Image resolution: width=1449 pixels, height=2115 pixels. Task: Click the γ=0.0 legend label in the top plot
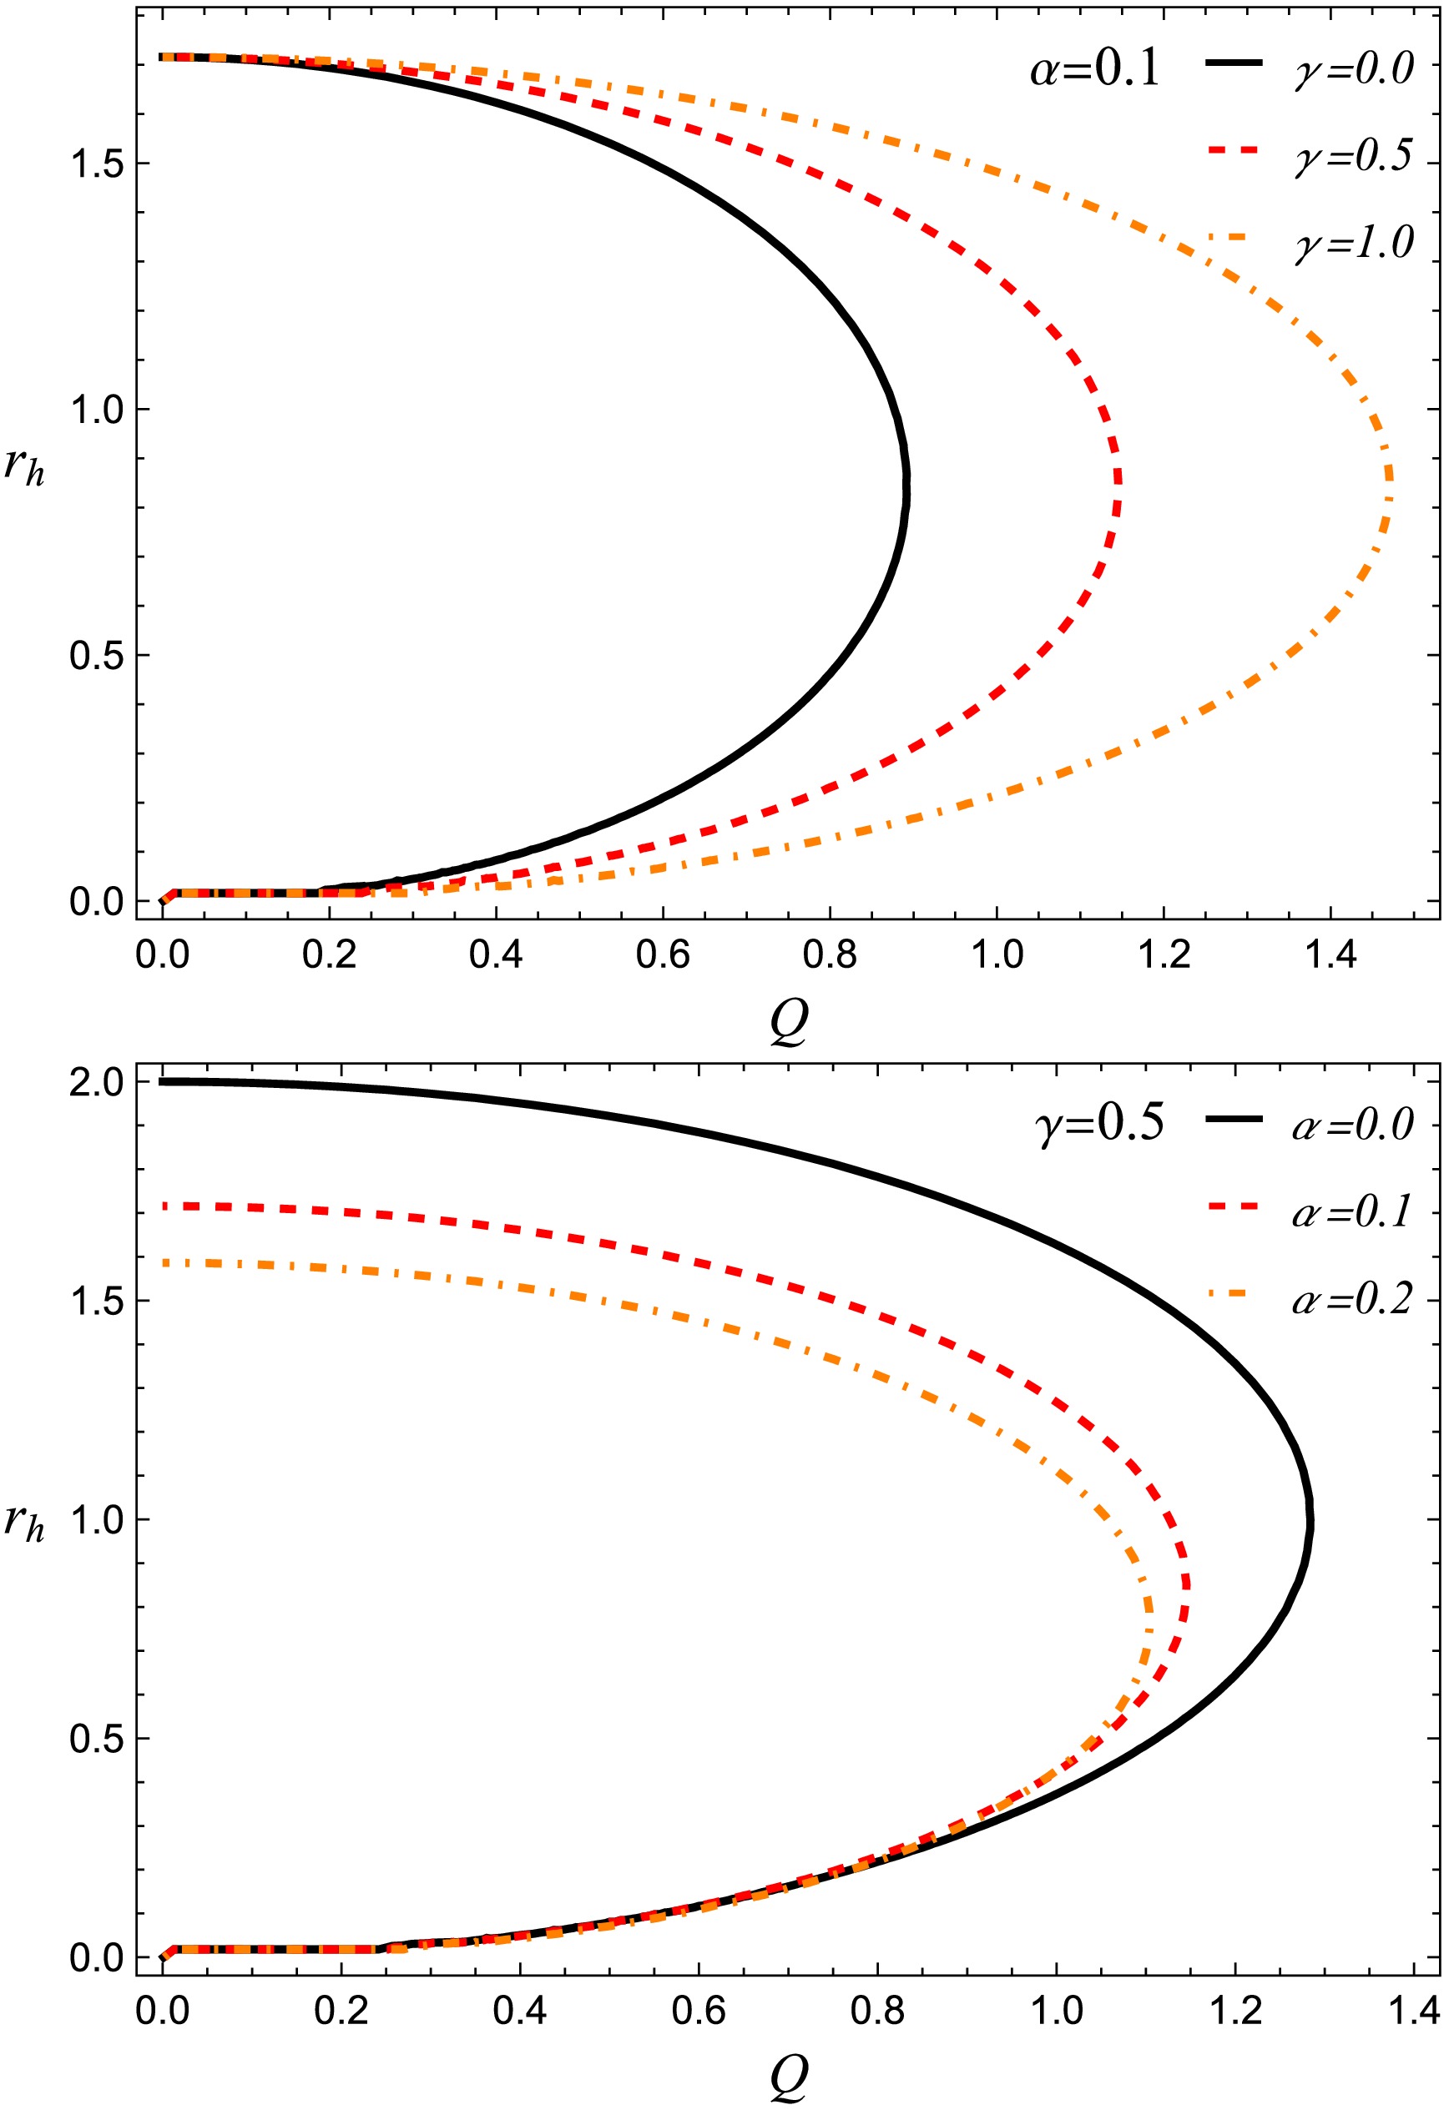pyautogui.click(x=1354, y=70)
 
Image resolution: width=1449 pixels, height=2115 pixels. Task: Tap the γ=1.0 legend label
pyautogui.click(x=1354, y=243)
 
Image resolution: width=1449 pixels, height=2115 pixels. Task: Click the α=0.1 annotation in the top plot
pyautogui.click(x=1095, y=69)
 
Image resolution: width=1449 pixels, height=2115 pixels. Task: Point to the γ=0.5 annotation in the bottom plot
pyautogui.click(x=1099, y=1123)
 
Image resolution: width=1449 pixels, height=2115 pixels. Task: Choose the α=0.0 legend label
pyautogui.click(x=1352, y=1125)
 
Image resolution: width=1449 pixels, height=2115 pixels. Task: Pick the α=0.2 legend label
pyautogui.click(x=1352, y=1299)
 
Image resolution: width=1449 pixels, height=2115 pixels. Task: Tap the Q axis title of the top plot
pyautogui.click(x=788, y=1024)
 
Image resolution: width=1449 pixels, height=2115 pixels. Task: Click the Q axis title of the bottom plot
pyautogui.click(x=788, y=2077)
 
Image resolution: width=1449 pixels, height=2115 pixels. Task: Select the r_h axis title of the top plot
pyautogui.click(x=24, y=468)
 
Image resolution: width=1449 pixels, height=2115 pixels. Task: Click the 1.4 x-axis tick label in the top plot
pyautogui.click(x=1330, y=954)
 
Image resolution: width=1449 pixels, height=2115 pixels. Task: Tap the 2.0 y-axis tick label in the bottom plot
pyautogui.click(x=97, y=1083)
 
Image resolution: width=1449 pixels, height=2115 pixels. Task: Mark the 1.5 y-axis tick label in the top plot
pyautogui.click(x=97, y=164)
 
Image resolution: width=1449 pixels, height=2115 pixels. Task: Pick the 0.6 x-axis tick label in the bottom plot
pyautogui.click(x=698, y=2009)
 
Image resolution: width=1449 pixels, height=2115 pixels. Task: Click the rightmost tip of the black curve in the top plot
pyautogui.click(x=906, y=487)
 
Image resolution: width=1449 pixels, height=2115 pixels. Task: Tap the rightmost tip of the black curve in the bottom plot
pyautogui.click(x=1310, y=1522)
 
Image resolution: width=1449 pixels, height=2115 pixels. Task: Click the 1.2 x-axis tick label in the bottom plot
pyautogui.click(x=1234, y=2009)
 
